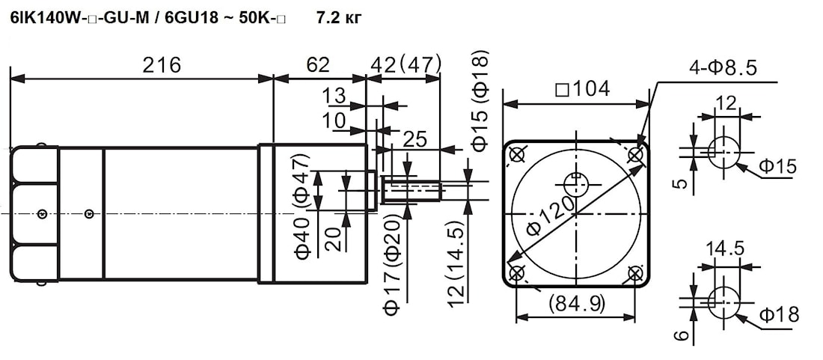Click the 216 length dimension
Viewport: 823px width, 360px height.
pyautogui.click(x=162, y=65)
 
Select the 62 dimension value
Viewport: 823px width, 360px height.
pyautogui.click(x=318, y=65)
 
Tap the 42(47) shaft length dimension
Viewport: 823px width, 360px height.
pyautogui.click(x=406, y=65)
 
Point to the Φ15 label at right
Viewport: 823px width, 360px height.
pyautogui.click(x=778, y=166)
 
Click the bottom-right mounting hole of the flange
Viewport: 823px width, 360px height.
pyautogui.click(x=635, y=273)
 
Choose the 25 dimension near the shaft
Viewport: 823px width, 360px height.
pyautogui.click(x=415, y=138)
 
